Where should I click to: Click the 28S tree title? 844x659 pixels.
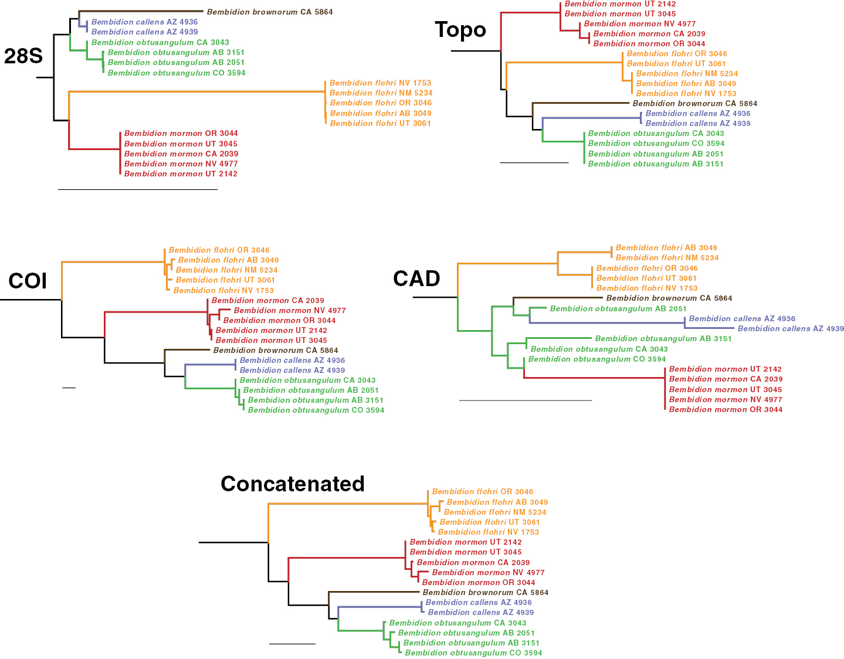(23, 56)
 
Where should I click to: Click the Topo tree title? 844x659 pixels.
(460, 30)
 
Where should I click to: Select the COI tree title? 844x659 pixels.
(28, 281)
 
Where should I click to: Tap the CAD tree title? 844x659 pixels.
(416, 278)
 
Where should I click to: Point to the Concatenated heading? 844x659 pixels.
(293, 484)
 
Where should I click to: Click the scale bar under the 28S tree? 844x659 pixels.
(138, 189)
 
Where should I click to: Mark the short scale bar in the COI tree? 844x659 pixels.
(69, 388)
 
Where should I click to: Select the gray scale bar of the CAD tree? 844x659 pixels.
(526, 400)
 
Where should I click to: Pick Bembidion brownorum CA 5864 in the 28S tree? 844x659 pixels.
(270, 12)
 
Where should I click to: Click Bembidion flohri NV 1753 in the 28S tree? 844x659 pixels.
(380, 83)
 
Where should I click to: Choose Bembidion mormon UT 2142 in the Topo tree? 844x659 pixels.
(621, 4)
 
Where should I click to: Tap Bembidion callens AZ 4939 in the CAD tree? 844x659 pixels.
(791, 328)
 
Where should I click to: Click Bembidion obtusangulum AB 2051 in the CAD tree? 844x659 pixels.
(618, 308)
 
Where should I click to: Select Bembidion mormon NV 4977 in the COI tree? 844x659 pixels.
(290, 310)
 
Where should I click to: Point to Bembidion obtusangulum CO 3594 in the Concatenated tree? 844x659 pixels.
(473, 653)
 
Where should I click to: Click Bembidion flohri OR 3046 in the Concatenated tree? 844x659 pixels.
(483, 491)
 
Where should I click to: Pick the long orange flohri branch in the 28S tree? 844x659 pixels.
(197, 91)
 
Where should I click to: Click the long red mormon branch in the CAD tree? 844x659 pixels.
(594, 378)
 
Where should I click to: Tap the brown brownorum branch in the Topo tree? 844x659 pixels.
(581, 103)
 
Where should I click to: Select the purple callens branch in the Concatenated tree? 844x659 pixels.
(379, 607)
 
